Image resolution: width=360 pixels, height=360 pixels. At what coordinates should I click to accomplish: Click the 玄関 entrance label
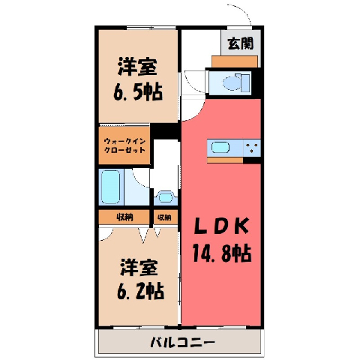point(241,43)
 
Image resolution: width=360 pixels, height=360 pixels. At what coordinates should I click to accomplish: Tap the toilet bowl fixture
point(231,82)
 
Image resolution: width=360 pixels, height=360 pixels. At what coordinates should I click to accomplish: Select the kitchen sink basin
point(220,147)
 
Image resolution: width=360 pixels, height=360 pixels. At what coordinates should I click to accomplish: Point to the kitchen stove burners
point(252,148)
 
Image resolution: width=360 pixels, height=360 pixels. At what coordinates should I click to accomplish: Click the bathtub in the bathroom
point(110,187)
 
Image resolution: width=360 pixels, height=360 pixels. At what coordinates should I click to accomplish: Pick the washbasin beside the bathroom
point(165,197)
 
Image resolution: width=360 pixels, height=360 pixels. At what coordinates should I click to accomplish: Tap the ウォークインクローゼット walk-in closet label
point(124,145)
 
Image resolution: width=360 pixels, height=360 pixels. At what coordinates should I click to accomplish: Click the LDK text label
point(221,226)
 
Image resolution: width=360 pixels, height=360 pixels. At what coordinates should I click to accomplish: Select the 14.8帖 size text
point(221,253)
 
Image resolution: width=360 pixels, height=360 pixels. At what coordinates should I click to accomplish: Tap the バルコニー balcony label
point(182,342)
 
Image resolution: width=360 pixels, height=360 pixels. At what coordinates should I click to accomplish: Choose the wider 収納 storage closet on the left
point(124,217)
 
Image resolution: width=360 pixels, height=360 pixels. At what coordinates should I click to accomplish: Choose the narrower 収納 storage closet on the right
point(165,217)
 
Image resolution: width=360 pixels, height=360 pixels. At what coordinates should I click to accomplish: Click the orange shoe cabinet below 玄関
point(235,61)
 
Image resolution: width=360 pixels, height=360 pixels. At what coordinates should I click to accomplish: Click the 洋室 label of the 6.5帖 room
point(137,67)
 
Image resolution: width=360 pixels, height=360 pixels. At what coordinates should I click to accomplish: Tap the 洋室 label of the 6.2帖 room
point(139,267)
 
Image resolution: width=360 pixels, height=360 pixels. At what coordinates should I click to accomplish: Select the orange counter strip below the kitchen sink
point(225,160)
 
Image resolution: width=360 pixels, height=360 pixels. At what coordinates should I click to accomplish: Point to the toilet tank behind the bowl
point(245,82)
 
